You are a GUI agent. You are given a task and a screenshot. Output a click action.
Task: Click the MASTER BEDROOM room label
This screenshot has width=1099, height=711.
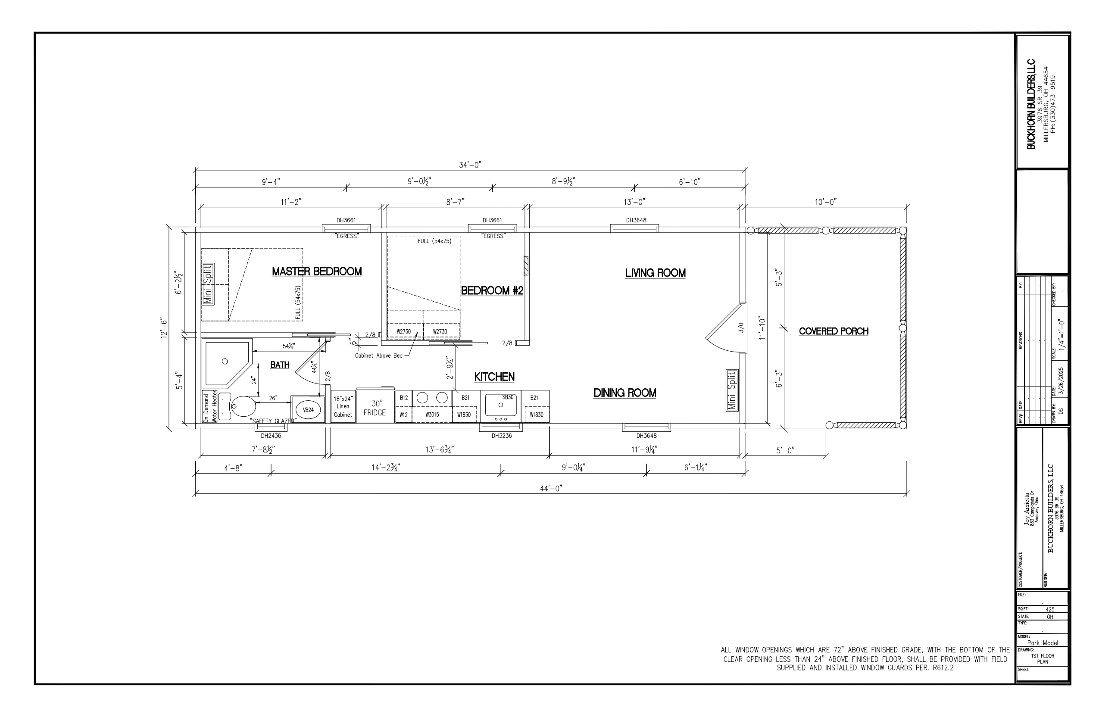(x=316, y=271)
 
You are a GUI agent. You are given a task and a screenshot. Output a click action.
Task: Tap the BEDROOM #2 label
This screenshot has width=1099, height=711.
(x=492, y=290)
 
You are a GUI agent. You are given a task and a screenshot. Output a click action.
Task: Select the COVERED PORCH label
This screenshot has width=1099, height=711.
(x=834, y=331)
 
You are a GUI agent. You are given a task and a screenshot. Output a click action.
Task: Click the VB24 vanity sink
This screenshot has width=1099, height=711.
(x=308, y=409)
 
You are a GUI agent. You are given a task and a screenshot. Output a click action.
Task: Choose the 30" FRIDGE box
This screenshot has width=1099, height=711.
(x=375, y=408)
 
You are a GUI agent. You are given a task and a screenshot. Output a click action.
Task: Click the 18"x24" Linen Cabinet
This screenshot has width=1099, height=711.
(x=343, y=406)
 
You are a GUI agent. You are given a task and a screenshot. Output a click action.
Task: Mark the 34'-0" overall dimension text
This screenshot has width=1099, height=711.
(x=470, y=165)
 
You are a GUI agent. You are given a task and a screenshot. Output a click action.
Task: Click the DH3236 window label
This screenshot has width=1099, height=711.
(x=502, y=435)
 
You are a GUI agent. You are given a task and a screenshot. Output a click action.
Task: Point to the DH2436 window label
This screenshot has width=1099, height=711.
(x=271, y=435)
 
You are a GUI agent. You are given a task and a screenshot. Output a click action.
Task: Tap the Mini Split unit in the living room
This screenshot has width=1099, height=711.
(x=731, y=390)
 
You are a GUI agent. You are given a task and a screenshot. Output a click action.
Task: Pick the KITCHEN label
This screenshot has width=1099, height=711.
(x=494, y=377)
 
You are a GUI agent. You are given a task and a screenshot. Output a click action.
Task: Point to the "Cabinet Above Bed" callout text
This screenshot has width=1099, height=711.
(x=379, y=355)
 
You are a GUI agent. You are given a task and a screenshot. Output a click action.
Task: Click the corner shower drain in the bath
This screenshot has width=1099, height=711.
(x=225, y=362)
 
